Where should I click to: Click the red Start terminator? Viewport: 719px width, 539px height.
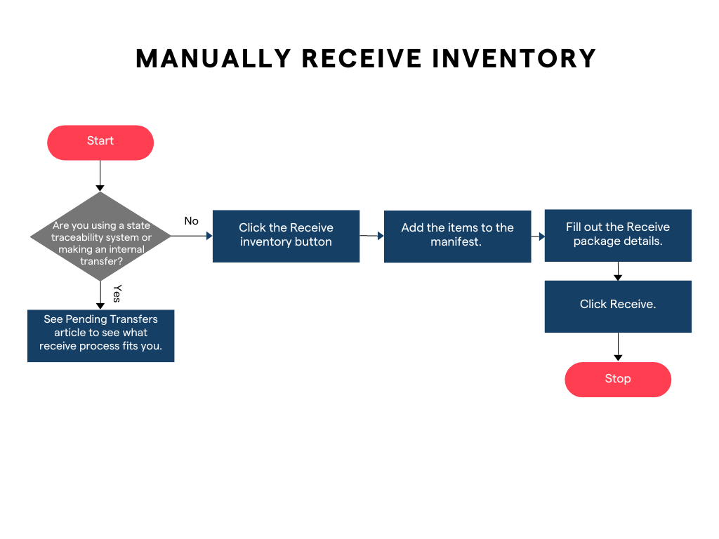pos(100,142)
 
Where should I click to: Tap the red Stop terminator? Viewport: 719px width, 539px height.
pos(618,379)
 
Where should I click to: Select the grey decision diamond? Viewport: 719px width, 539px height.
pos(100,237)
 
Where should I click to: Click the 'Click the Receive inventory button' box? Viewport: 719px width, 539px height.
pos(286,236)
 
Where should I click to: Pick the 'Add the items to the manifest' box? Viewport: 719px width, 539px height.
pos(457,237)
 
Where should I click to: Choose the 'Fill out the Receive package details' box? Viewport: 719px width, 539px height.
pos(618,235)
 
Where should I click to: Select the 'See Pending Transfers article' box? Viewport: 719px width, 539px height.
pos(100,335)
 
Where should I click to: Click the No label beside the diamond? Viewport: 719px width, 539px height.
pos(191,221)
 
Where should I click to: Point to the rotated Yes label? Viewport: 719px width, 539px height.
pos(117,293)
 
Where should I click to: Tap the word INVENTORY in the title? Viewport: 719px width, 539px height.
pos(514,59)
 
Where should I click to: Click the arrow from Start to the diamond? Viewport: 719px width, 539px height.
pos(100,175)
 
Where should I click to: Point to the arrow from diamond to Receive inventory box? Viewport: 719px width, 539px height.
pos(191,236)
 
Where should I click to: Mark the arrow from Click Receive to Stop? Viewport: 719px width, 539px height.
pos(618,347)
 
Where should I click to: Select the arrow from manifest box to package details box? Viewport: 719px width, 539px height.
pos(538,237)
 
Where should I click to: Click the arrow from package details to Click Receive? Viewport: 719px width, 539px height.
pos(618,271)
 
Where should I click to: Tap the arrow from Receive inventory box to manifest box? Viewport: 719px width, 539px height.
pos(372,236)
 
